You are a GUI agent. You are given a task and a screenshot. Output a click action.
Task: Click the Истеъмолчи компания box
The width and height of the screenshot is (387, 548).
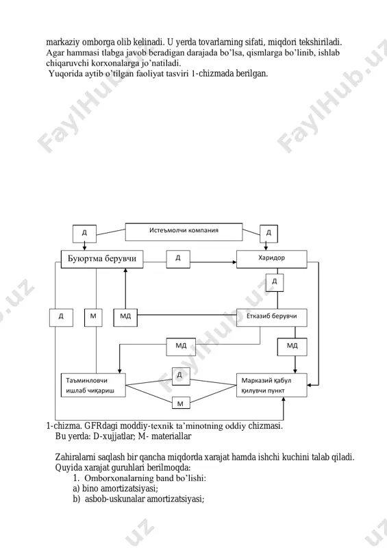click(184, 232)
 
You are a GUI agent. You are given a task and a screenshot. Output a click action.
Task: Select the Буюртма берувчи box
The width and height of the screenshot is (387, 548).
click(102, 260)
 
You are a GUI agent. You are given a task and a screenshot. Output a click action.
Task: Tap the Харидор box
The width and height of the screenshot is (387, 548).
click(272, 259)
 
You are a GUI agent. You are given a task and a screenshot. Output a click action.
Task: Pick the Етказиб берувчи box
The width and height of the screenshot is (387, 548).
click(272, 317)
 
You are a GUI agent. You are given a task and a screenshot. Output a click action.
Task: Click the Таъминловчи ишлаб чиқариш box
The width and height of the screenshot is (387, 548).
click(93, 385)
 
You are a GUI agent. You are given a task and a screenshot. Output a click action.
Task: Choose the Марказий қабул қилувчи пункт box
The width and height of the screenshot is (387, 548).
click(272, 385)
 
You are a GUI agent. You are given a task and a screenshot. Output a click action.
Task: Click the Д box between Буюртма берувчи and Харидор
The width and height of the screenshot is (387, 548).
click(178, 259)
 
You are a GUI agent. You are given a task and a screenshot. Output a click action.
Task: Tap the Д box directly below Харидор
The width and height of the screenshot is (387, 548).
click(275, 282)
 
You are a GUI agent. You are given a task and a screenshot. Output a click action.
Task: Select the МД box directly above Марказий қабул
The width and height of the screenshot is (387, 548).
click(292, 347)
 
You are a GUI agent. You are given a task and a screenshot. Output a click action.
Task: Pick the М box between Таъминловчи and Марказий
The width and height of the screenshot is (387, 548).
click(181, 403)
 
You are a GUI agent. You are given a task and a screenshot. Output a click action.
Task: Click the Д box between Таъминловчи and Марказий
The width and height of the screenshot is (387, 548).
click(181, 376)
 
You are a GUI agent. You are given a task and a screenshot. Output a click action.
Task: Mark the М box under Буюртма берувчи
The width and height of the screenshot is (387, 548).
click(93, 317)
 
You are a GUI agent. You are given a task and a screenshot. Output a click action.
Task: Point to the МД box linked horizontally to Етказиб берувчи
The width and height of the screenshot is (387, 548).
click(125, 317)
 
